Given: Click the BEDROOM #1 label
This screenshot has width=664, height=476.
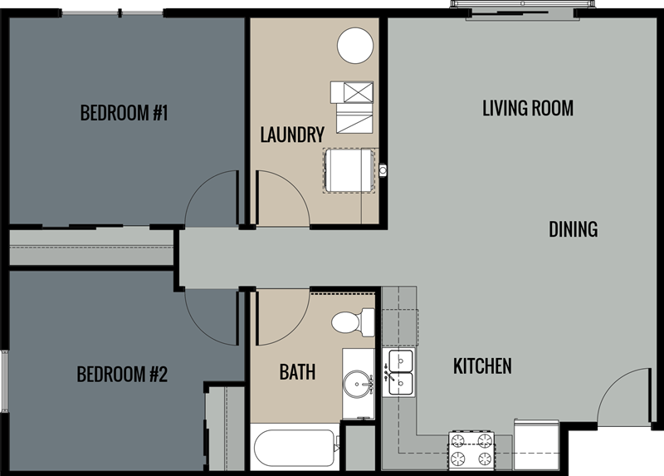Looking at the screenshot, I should pos(124,113).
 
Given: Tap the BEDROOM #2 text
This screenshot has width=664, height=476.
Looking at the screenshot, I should pos(122,374).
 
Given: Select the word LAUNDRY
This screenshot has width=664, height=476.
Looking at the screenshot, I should pos(291,135).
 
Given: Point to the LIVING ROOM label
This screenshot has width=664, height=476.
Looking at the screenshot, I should pos(528,108).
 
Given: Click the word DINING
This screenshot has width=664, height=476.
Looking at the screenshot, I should pos(573,229).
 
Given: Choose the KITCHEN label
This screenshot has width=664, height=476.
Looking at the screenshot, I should pos(481,366).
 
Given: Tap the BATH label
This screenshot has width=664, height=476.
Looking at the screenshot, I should pos(297,372).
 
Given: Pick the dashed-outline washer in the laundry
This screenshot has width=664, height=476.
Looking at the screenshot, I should pos(349,171).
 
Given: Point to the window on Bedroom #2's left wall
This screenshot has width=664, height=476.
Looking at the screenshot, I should pos(4,381).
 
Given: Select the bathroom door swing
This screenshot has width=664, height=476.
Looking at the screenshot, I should pos(281,318).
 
